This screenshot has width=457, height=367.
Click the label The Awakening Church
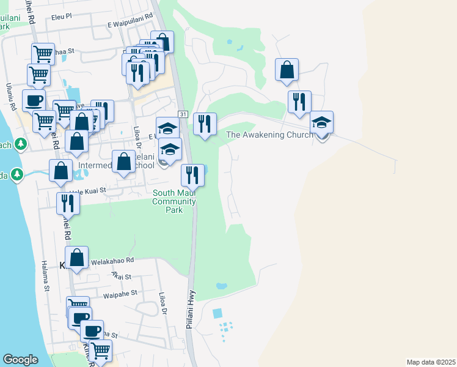point(269,135)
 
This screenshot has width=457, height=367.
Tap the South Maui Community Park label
point(175,201)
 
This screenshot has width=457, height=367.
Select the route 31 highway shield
point(183,114)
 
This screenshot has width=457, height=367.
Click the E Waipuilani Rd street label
point(130,23)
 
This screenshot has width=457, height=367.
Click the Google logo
point(20,360)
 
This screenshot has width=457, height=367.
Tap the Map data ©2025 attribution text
point(430,362)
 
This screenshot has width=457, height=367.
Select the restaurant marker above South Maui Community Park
point(193,176)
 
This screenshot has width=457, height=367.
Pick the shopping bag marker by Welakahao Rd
point(77,258)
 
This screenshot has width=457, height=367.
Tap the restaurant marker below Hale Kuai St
point(68,204)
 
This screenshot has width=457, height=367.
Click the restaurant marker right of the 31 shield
point(205,124)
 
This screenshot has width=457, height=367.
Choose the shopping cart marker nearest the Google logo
point(100,350)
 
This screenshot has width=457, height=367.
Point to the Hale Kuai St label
point(88,191)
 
